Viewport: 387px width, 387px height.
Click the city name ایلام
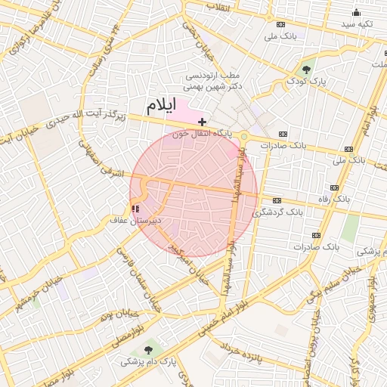(160, 105)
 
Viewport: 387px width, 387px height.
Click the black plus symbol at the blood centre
(202, 122)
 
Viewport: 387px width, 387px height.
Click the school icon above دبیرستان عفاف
(135, 208)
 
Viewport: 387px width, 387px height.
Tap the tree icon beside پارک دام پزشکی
(148, 349)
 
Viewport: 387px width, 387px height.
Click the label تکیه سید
(356, 25)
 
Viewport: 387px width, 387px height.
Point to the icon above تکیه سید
(356, 13)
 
